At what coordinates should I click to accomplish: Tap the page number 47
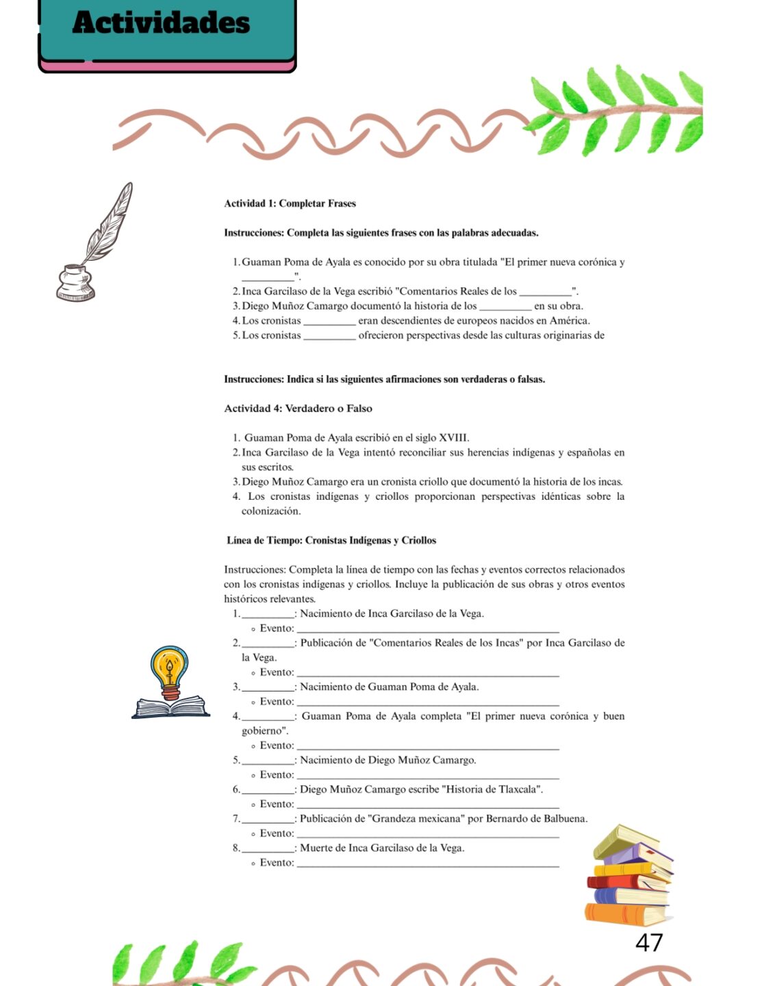[648, 943]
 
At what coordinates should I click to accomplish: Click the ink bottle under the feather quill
[75, 283]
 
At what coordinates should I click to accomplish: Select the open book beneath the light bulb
[170, 707]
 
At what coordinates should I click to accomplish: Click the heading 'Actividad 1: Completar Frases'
[290, 203]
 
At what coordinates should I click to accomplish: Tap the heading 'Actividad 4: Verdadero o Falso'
[298, 409]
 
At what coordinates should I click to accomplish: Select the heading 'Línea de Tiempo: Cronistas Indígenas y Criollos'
[331, 540]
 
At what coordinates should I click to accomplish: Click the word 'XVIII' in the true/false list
[453, 438]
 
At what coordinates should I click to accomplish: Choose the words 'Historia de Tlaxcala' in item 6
[492, 789]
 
